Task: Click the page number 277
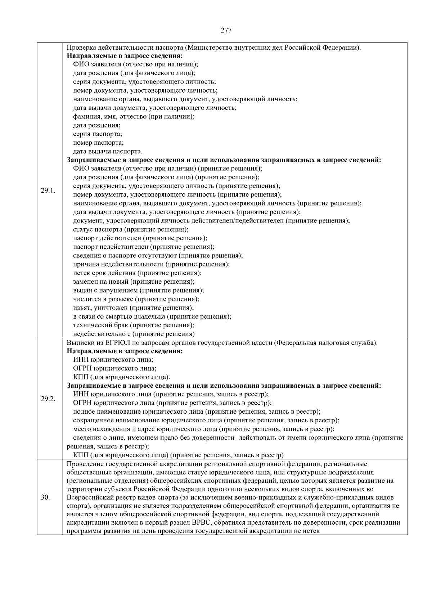226,30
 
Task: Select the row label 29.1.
48,191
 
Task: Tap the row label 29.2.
48,399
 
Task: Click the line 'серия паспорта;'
97,134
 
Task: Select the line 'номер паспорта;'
98,143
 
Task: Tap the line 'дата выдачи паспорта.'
107,151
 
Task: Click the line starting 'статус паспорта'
130,229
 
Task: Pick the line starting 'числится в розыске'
136,299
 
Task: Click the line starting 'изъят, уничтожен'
133,308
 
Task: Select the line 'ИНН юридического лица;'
113,360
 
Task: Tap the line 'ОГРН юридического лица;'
114,368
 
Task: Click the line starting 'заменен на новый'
134,282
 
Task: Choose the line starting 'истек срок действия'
137,273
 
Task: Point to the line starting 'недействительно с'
134,334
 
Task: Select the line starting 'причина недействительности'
151,264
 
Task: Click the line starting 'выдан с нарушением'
138,290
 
